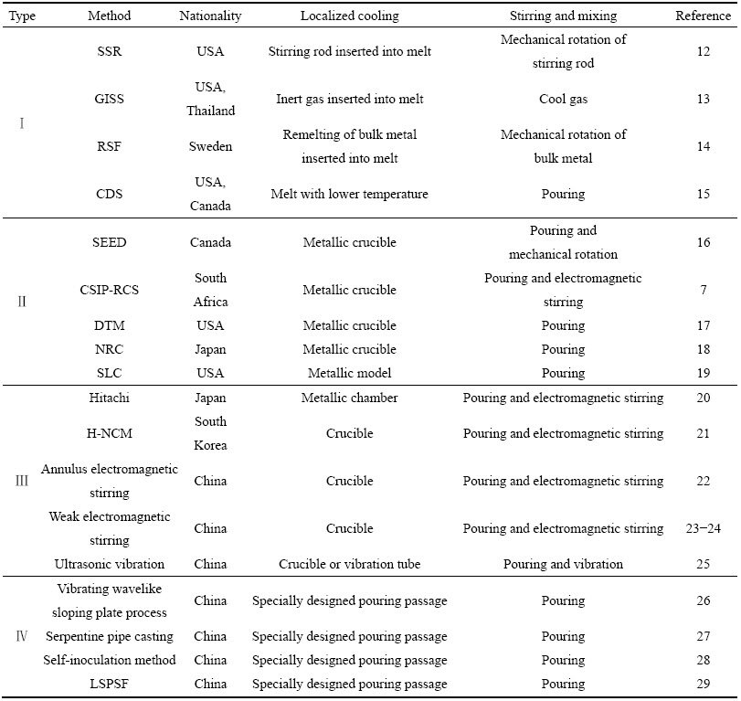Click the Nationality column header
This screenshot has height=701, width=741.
210,16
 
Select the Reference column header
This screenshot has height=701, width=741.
703,16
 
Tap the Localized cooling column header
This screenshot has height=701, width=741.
350,16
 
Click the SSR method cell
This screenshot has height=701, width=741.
109,51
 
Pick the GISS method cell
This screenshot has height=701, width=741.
109,99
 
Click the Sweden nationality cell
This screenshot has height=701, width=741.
210,146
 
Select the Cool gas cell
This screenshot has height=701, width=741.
564,99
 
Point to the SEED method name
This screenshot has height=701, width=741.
109,242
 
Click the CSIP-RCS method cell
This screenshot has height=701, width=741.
109,290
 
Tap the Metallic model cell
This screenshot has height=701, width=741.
350,373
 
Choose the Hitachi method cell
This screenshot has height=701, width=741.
109,398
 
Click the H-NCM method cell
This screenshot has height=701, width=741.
109,433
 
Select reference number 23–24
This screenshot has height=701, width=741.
703,528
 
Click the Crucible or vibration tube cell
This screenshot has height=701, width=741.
350,564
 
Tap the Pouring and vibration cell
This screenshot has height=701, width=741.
564,564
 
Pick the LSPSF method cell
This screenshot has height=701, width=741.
109,684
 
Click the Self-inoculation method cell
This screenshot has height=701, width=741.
109,660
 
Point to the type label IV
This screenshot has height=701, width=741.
22,636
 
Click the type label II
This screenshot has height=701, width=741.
22,302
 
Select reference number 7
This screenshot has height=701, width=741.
704,290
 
